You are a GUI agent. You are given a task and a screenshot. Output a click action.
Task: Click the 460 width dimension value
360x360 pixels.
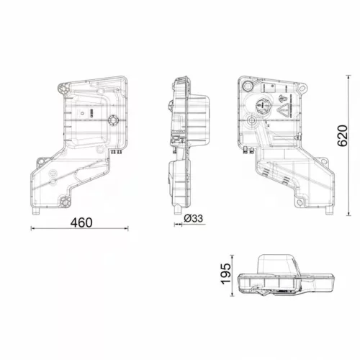81,222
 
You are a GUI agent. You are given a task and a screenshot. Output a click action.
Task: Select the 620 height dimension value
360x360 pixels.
343,135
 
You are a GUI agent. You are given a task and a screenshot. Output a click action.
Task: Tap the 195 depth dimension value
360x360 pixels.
226,274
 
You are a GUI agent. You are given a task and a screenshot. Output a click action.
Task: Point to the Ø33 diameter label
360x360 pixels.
194,218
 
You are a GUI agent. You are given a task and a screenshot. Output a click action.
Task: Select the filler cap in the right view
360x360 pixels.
261,106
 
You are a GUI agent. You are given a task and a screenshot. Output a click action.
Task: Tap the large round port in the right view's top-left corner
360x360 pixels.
248,86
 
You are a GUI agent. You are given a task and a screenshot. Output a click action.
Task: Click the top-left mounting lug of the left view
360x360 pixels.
63,89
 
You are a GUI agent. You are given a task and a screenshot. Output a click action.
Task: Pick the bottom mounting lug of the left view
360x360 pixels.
65,202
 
